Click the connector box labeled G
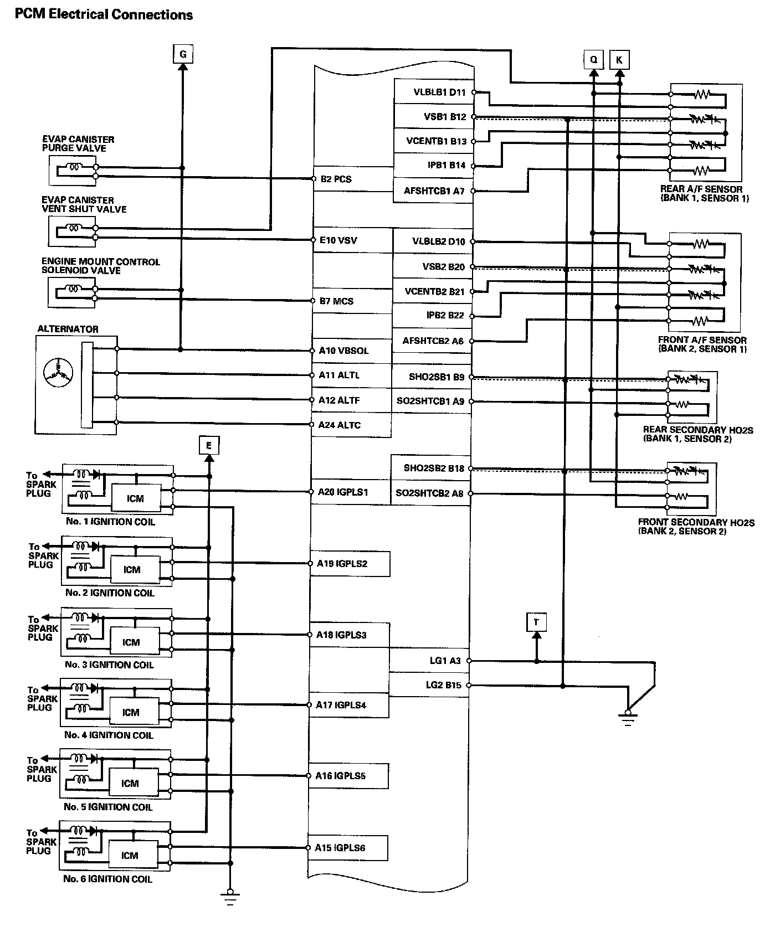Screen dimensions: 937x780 (x=182, y=55)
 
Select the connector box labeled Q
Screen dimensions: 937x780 (x=593, y=59)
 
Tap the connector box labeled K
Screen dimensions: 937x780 (x=619, y=59)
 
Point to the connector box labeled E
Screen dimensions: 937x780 (x=208, y=445)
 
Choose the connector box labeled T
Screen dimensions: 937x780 (x=536, y=622)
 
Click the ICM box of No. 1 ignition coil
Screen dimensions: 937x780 (x=136, y=498)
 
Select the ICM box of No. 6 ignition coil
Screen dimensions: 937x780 (x=130, y=856)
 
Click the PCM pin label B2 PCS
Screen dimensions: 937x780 (x=336, y=179)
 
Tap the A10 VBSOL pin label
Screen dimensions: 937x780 (x=343, y=351)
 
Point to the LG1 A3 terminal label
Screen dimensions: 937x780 (x=445, y=661)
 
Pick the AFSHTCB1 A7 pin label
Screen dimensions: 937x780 (x=434, y=191)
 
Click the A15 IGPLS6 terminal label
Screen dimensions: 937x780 (x=340, y=848)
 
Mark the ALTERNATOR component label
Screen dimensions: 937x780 (x=68, y=329)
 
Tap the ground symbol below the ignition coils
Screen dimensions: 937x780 (x=230, y=897)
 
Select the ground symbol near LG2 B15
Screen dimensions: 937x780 (x=627, y=718)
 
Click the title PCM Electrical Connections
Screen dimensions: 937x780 (x=104, y=15)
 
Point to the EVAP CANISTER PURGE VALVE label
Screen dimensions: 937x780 (x=78, y=144)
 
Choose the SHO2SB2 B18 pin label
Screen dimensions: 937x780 (x=433, y=469)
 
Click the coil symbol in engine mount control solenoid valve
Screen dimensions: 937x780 (x=74, y=288)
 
